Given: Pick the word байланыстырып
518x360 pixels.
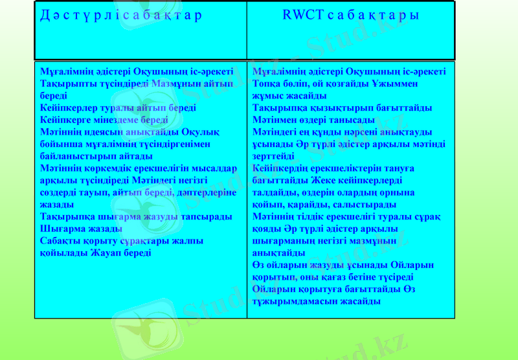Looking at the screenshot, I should (x=72, y=156).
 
